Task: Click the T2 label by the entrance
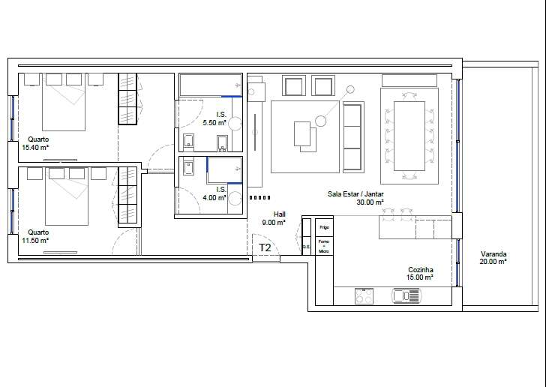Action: tap(265, 247)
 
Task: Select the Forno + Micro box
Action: tap(324, 246)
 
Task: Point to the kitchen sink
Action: tap(407, 297)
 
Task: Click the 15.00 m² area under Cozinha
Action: tap(421, 277)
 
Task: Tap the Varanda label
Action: tap(493, 253)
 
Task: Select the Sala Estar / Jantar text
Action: tap(355, 193)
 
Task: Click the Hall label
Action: tap(279, 214)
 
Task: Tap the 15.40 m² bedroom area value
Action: tap(34, 147)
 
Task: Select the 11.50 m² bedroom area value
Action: tap(34, 240)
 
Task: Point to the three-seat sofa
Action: tap(352, 136)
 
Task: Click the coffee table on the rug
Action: tap(304, 135)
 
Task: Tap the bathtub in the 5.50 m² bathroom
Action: tap(209, 84)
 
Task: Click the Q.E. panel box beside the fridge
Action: tap(307, 245)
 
